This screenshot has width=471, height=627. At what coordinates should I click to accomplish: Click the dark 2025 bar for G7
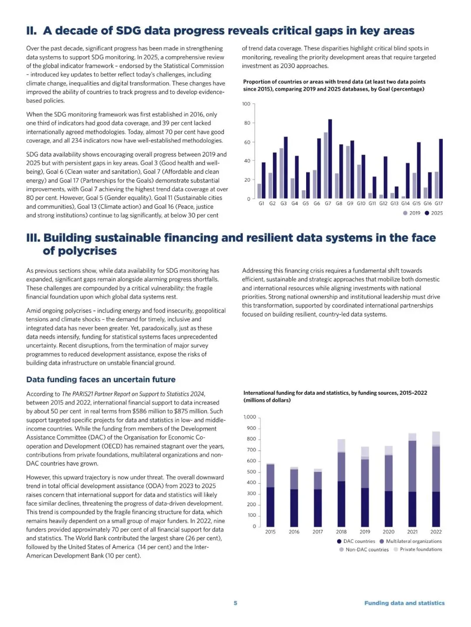click(x=330, y=159)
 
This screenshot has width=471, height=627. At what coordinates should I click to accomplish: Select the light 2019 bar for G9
click(x=348, y=172)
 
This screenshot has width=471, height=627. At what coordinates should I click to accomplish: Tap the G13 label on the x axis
click(x=394, y=203)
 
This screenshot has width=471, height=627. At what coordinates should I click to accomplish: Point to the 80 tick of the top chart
click(x=247, y=123)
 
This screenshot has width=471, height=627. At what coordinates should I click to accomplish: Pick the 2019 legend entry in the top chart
click(x=412, y=213)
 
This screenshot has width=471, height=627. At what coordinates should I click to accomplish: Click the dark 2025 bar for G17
click(x=441, y=169)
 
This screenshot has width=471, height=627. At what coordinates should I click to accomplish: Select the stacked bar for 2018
click(x=341, y=484)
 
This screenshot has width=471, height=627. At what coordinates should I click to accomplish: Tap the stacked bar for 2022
click(x=436, y=479)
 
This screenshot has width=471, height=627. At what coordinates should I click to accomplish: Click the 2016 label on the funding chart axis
click(x=294, y=532)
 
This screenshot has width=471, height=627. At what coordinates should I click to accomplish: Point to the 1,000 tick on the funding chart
click(x=250, y=417)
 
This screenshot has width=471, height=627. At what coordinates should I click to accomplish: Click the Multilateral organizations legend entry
click(x=411, y=541)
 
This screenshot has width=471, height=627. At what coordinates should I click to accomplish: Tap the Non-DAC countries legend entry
click(x=364, y=549)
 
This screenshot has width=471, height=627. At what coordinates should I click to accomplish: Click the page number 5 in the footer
click(x=235, y=603)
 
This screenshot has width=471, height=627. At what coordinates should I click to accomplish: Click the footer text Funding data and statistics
click(x=404, y=603)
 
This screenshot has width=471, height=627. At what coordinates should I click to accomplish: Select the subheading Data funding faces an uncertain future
click(x=101, y=380)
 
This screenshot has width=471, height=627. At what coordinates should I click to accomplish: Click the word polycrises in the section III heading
click(x=80, y=251)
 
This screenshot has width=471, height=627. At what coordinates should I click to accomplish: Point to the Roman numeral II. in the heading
click(x=31, y=31)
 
